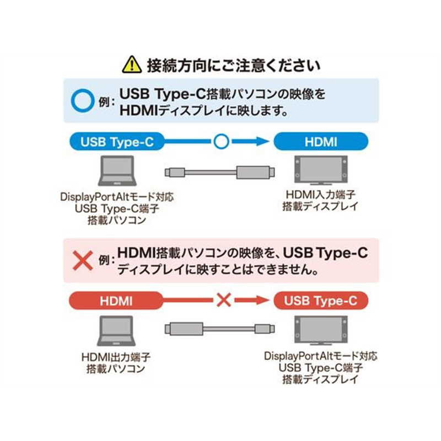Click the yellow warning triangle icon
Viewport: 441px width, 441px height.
pos(131,65)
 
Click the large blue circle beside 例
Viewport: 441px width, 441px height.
pos(84,100)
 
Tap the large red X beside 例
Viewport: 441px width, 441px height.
pos(84,260)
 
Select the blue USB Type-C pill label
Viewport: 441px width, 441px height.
pos(117,142)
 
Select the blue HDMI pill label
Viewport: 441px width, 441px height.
pos(321,142)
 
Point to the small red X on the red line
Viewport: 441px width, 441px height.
pos(222,301)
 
